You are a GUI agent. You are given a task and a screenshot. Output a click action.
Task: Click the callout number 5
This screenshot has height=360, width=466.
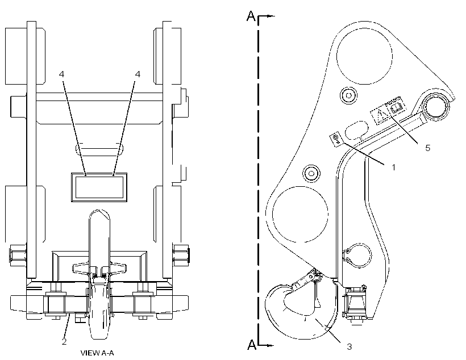[x=428, y=148]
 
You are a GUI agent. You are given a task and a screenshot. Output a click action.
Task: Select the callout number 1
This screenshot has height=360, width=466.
[x=394, y=168]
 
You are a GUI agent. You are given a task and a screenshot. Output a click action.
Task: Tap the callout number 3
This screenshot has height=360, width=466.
[x=349, y=346]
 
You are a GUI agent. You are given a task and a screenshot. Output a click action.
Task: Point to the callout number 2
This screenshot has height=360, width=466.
[x=64, y=342]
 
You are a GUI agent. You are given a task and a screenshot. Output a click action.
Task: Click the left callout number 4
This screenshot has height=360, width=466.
[x=61, y=74]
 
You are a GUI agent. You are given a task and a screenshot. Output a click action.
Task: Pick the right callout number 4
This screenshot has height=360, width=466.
[x=138, y=74]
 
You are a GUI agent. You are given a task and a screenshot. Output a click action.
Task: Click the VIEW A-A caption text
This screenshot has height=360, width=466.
[x=97, y=353]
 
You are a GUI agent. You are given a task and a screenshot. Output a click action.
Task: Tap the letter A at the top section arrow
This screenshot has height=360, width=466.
[x=251, y=16]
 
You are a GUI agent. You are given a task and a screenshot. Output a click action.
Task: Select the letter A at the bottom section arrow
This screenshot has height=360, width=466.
[x=252, y=345]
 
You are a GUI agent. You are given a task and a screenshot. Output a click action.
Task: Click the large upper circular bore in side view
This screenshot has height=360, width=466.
[x=364, y=55]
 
